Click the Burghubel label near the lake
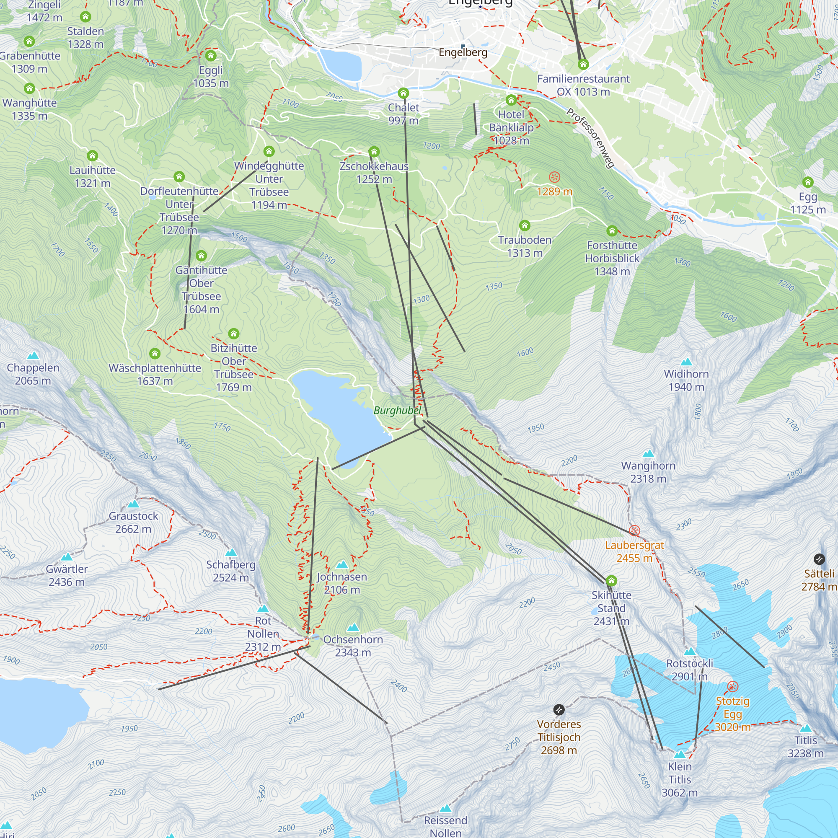pyautogui.click(x=397, y=410)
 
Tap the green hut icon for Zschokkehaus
pyautogui.click(x=374, y=152)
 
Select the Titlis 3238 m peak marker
pyautogui.click(x=805, y=728)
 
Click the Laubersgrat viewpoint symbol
pyautogui.click(x=634, y=530)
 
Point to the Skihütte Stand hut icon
pyautogui.click(x=611, y=580)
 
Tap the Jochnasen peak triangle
pyautogui.click(x=342, y=564)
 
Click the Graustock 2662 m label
pyautogui.click(x=133, y=522)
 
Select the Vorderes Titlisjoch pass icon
pyautogui.click(x=559, y=709)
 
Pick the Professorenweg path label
pyautogui.click(x=590, y=138)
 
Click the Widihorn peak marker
pyautogui.click(x=686, y=362)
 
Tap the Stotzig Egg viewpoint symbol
pyautogui.click(x=732, y=686)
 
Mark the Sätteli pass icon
pyautogui.click(x=818, y=559)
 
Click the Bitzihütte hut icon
pyautogui.click(x=233, y=334)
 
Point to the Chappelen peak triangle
pyautogui.click(x=33, y=356)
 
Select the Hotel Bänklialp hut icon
pyautogui.click(x=511, y=100)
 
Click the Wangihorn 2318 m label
pyautogui.click(x=648, y=472)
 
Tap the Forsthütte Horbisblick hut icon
pyautogui.click(x=612, y=231)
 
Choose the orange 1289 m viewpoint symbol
pyautogui.click(x=554, y=177)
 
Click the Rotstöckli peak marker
pyautogui.click(x=689, y=651)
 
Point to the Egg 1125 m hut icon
pyautogui.click(x=807, y=182)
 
